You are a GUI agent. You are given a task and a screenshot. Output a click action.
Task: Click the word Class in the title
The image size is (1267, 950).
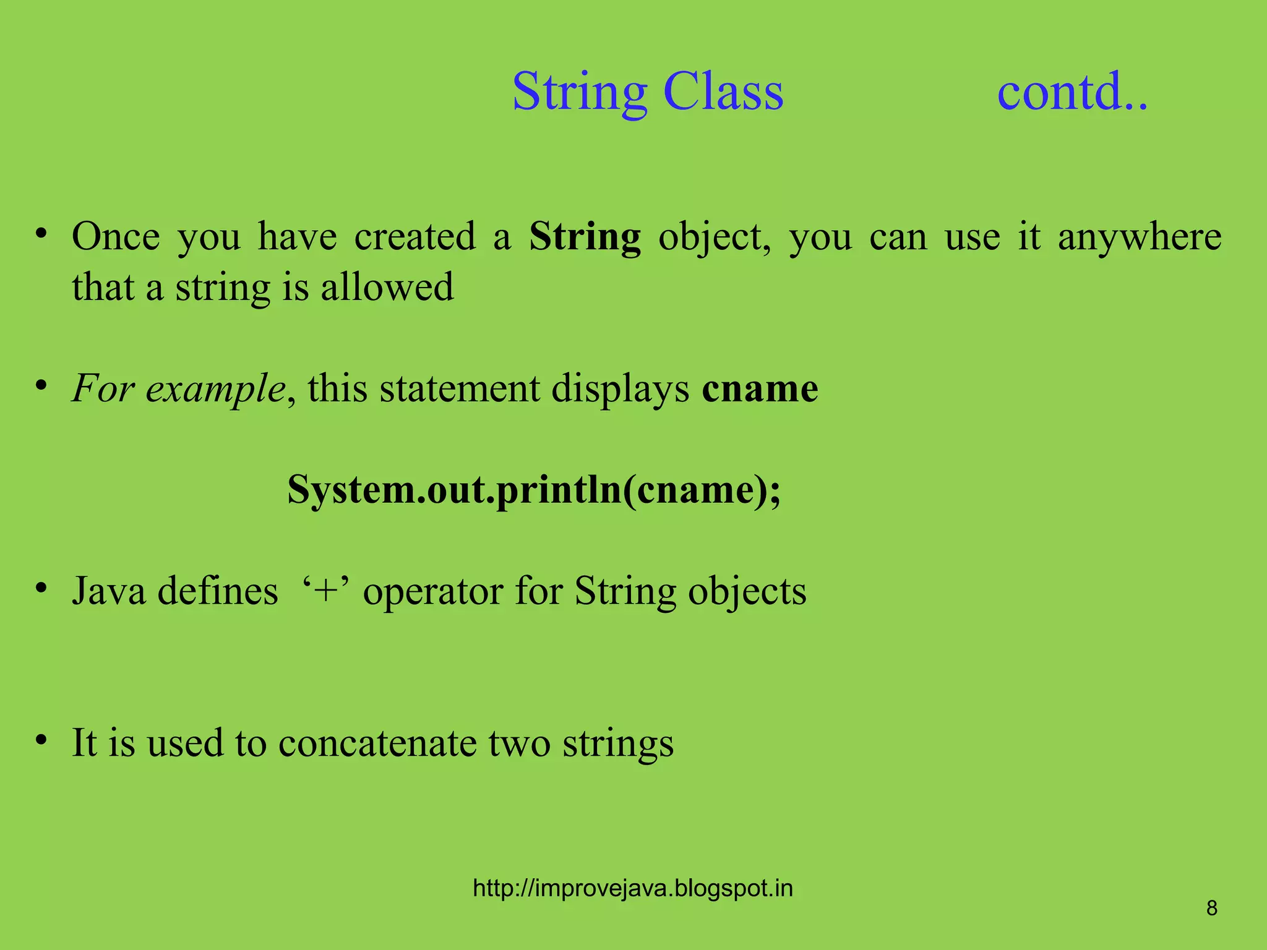tap(723, 92)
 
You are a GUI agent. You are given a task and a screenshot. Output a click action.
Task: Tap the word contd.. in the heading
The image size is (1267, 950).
tap(1072, 92)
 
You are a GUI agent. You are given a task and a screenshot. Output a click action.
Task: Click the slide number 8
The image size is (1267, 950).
tap(1212, 908)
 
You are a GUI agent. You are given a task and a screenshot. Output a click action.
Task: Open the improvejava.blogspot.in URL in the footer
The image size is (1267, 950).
tap(632, 888)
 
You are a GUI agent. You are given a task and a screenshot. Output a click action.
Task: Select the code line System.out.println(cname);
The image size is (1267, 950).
tap(534, 490)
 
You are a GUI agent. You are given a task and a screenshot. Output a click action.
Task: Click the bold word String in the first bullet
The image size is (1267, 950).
tap(585, 237)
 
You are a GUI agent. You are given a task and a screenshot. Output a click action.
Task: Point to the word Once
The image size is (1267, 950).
tap(116, 237)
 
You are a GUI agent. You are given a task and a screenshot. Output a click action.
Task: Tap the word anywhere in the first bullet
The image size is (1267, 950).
tap(1139, 237)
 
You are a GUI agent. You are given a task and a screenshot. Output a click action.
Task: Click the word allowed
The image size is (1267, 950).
tap(387, 288)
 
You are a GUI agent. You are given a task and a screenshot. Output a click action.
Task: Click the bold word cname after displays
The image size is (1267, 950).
tap(760, 389)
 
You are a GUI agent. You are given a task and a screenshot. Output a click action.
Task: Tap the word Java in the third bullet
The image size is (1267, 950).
tap(109, 591)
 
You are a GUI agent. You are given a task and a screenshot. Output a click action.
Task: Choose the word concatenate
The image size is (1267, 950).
tap(377, 743)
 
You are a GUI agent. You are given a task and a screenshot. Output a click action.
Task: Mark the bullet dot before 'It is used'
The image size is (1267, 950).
tap(41, 739)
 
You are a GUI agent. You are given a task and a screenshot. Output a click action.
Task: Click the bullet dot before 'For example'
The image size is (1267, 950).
tap(41, 385)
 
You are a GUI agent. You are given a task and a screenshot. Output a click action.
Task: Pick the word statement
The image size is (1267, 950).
tap(460, 389)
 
